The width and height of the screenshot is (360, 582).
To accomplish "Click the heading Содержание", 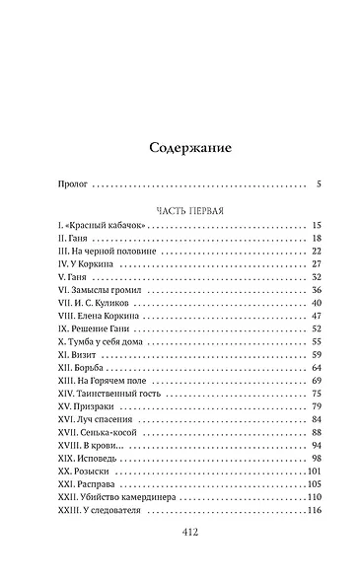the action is tap(179, 149).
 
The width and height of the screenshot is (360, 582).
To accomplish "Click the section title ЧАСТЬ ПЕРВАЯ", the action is tap(179, 210).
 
